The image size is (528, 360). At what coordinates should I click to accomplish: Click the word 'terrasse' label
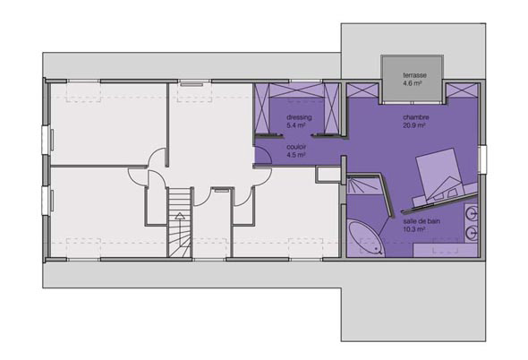click(414, 75)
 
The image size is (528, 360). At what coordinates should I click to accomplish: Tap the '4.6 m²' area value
click(413, 83)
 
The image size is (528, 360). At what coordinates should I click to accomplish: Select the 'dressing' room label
click(299, 117)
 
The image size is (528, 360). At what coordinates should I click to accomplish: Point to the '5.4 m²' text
click(295, 125)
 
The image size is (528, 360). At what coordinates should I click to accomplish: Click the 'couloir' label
click(296, 147)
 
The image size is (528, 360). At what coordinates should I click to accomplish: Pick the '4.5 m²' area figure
click(295, 155)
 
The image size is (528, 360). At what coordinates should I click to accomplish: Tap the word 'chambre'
click(416, 117)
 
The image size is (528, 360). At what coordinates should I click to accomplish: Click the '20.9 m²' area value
click(413, 125)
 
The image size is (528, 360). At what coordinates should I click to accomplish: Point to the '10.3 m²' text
click(413, 229)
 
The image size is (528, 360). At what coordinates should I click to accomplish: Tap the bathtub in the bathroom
click(365, 238)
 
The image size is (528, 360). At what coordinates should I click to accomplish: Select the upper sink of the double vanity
click(473, 214)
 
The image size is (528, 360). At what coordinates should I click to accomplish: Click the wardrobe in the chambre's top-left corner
click(362, 90)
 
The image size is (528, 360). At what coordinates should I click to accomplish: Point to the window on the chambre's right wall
click(482, 159)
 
